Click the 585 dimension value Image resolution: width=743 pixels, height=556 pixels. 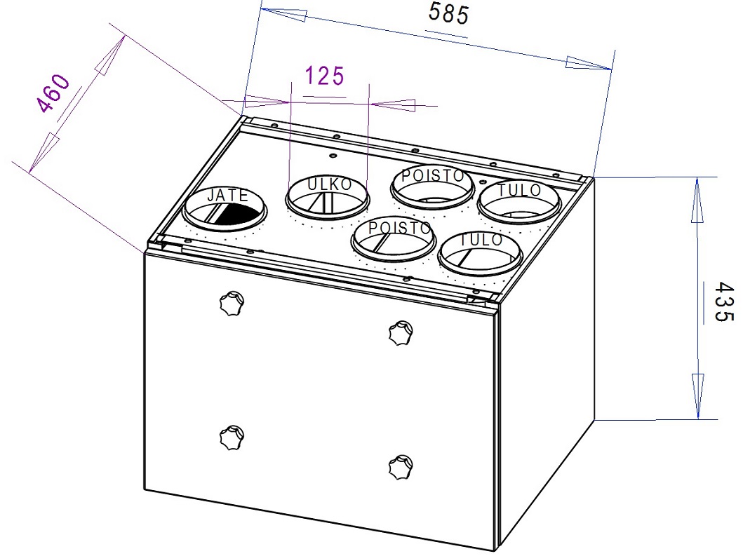point(448,13)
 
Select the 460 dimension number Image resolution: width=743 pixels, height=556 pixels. point(54,94)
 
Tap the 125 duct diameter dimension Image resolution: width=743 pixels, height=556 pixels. point(324,76)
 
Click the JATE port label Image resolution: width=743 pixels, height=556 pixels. point(228,195)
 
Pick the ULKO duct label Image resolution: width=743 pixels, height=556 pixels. point(329,184)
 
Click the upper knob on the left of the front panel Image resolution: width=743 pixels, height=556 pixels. point(232,302)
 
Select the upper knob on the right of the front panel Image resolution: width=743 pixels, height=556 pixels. point(401,332)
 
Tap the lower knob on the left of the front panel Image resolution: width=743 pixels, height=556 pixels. point(232,437)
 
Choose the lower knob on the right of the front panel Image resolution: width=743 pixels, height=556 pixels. point(401,466)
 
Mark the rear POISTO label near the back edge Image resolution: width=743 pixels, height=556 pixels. point(433,176)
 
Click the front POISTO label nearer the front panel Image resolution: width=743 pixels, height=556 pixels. point(399,228)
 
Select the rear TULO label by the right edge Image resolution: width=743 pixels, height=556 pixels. point(519,190)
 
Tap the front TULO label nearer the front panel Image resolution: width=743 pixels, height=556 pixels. point(481,239)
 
